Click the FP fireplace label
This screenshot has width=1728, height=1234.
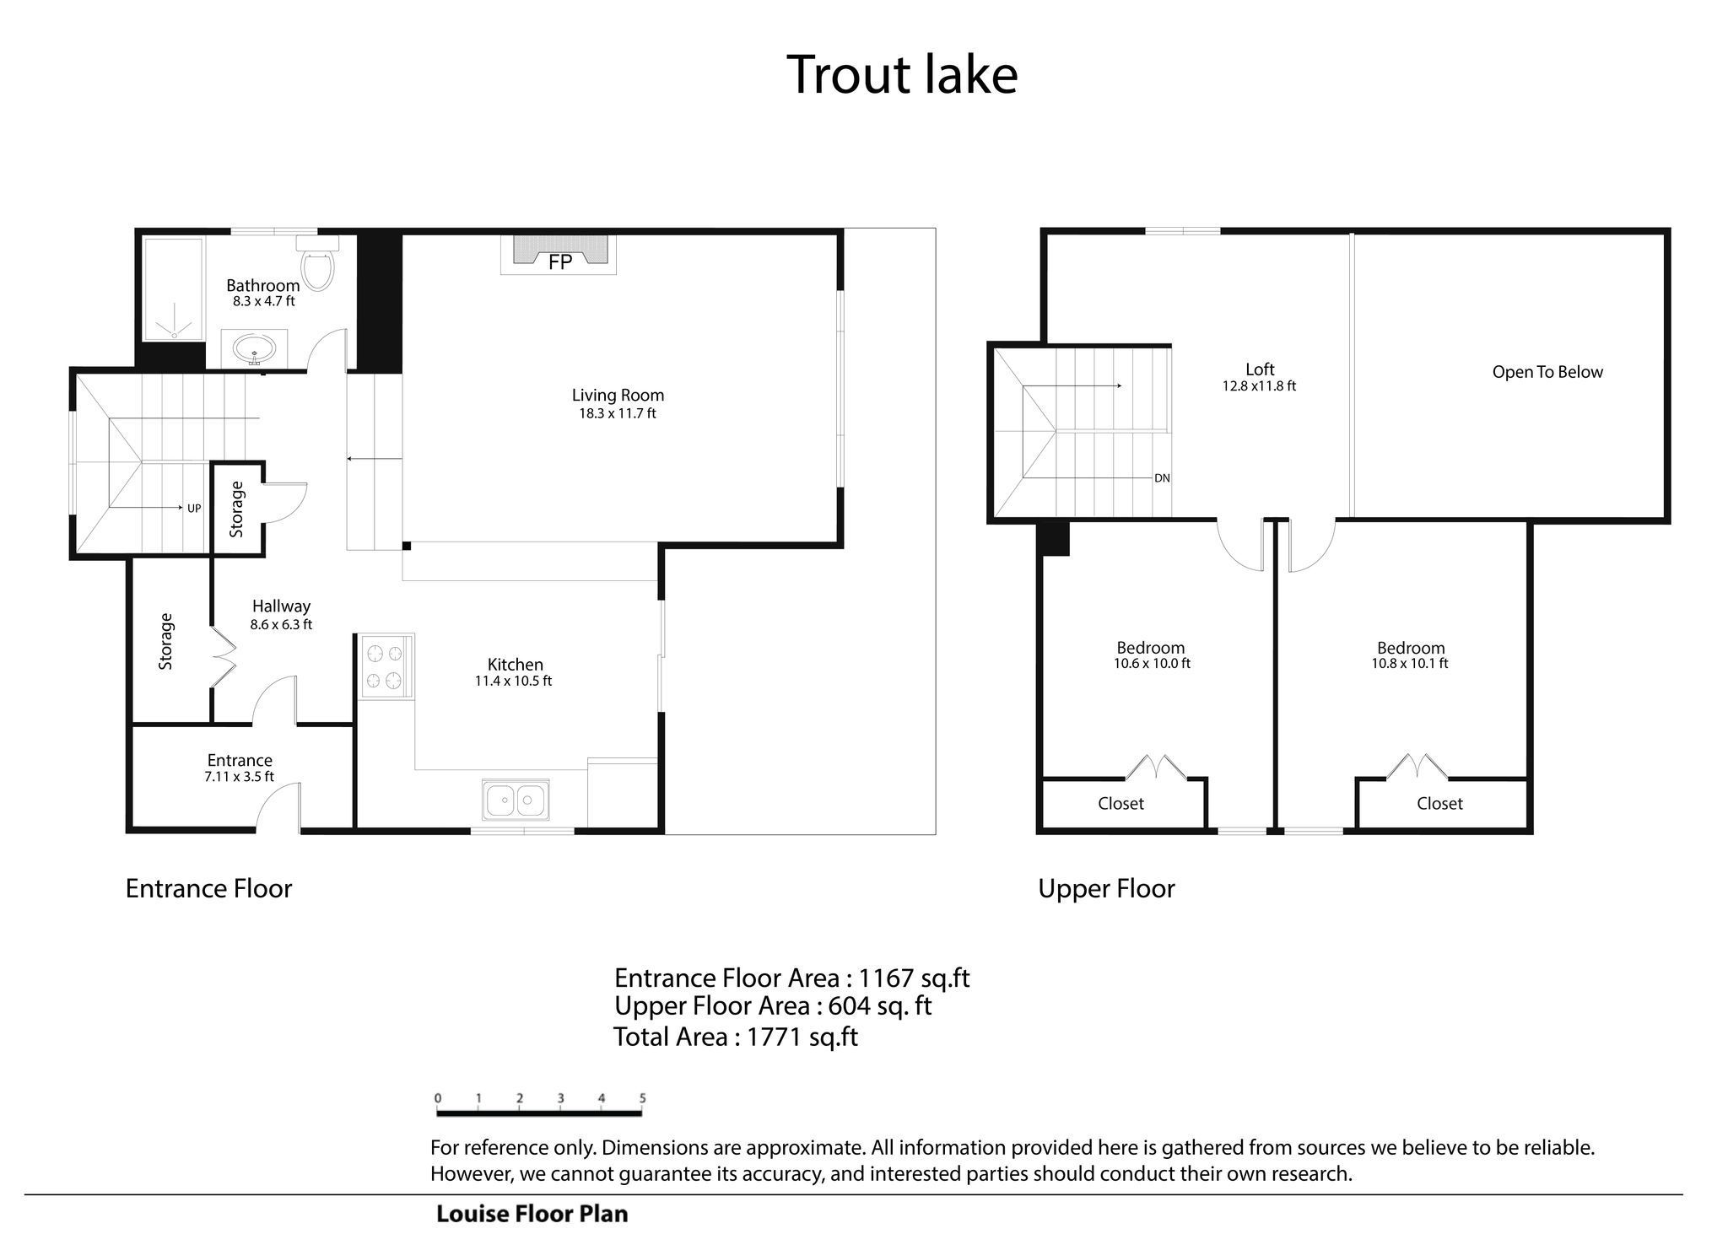click(x=560, y=262)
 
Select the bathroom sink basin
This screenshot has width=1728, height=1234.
click(x=254, y=348)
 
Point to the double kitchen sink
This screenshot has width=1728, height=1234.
click(x=516, y=799)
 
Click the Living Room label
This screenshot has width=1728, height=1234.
click(x=618, y=395)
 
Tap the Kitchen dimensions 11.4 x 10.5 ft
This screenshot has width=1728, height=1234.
click(x=513, y=681)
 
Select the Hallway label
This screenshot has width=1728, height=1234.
click(x=281, y=606)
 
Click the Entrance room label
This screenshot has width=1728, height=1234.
click(x=240, y=760)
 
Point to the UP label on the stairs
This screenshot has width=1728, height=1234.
click(x=194, y=509)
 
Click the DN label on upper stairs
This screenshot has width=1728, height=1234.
click(x=1162, y=478)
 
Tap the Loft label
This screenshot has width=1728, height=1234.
click(x=1260, y=369)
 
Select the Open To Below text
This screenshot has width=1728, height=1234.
click(x=1547, y=372)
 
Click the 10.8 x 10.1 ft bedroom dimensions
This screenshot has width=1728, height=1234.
click(x=1410, y=664)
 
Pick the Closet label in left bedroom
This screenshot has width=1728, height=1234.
click(x=1120, y=804)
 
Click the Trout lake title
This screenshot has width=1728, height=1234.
click(x=902, y=74)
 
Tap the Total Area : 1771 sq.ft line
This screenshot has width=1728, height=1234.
click(x=735, y=1037)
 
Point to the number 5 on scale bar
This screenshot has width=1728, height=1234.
click(x=642, y=1098)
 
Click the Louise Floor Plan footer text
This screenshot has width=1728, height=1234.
click(x=532, y=1214)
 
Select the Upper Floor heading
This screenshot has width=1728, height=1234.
click(x=1106, y=889)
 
